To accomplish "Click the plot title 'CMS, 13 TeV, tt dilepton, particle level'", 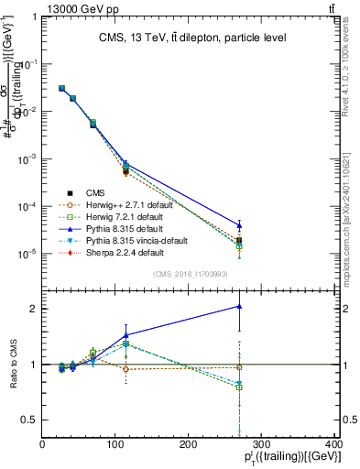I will tap(189, 38).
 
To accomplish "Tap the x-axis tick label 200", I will tap(189, 445).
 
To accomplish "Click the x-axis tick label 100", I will tap(115, 445).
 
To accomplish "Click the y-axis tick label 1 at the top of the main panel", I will tap(35, 16).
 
